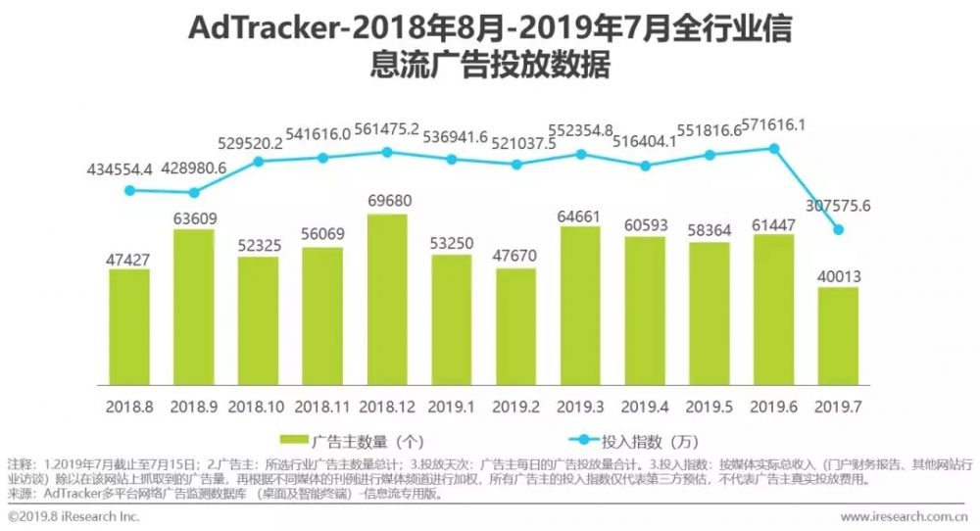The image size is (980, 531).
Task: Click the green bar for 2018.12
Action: tap(387, 299)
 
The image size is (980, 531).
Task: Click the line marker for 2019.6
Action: tap(774, 148)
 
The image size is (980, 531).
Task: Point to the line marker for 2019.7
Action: tap(838, 230)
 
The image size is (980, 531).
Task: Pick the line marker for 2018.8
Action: tap(129, 191)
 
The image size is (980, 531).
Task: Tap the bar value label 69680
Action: tap(388, 201)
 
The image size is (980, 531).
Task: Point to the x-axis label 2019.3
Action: tap(581, 405)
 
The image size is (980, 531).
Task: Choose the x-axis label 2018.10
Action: tap(259, 405)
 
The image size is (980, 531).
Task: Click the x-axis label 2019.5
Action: tap(710, 405)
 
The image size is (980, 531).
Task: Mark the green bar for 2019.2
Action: tap(516, 326)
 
